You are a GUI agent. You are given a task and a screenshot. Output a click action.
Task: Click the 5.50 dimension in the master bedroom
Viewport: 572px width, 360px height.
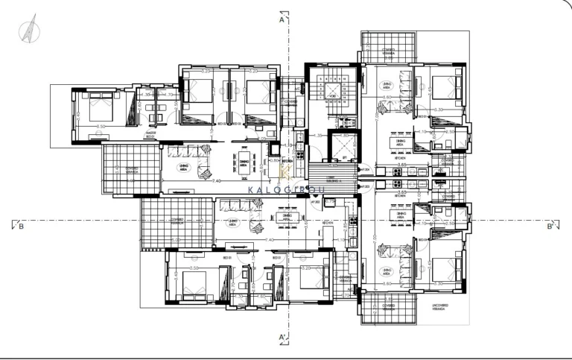101,137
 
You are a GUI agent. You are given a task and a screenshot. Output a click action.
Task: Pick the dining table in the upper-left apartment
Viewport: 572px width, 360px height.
245,168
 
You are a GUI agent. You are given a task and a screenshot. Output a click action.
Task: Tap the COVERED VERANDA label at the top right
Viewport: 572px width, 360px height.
388,52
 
